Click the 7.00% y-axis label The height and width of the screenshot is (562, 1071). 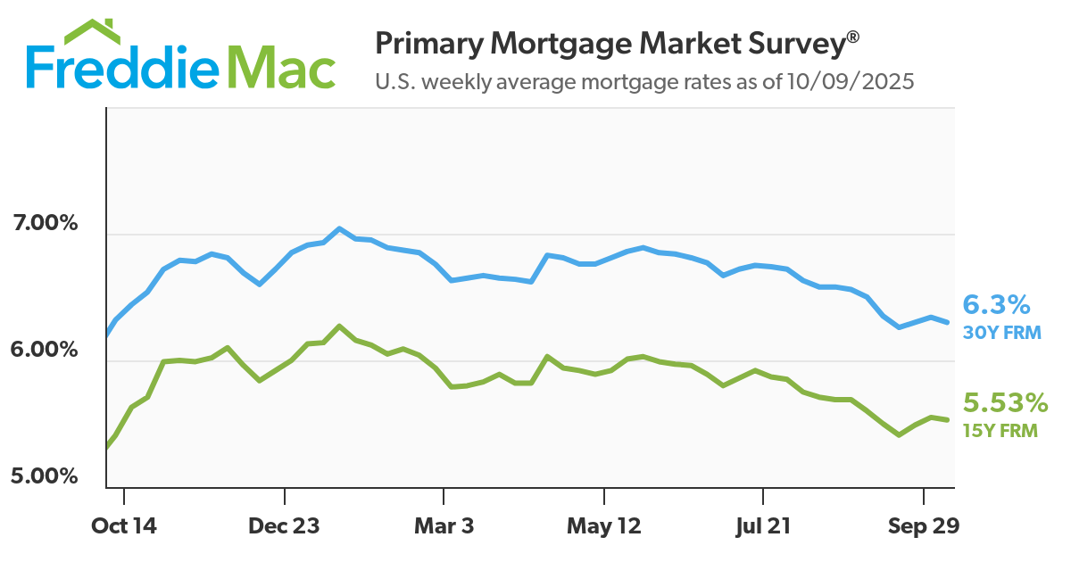[x=45, y=223]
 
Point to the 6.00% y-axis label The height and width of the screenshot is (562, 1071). [x=45, y=350]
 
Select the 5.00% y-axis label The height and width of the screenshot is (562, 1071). [x=45, y=476]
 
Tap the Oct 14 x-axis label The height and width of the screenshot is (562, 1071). [x=124, y=527]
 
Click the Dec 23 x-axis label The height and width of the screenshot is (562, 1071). [x=284, y=527]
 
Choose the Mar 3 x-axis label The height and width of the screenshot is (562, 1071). [x=444, y=527]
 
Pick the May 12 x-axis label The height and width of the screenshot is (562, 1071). [x=604, y=527]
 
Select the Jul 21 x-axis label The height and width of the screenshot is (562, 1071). [x=764, y=527]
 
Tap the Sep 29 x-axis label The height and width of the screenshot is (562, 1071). [x=923, y=527]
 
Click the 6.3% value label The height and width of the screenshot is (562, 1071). [x=997, y=306]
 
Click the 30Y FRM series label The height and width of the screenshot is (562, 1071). [x=1000, y=334]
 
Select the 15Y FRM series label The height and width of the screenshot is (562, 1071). [x=1000, y=430]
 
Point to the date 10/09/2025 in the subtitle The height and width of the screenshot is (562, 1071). [x=852, y=82]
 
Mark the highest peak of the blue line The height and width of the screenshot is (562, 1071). [x=339, y=228]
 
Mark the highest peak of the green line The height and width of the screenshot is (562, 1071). [x=339, y=326]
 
